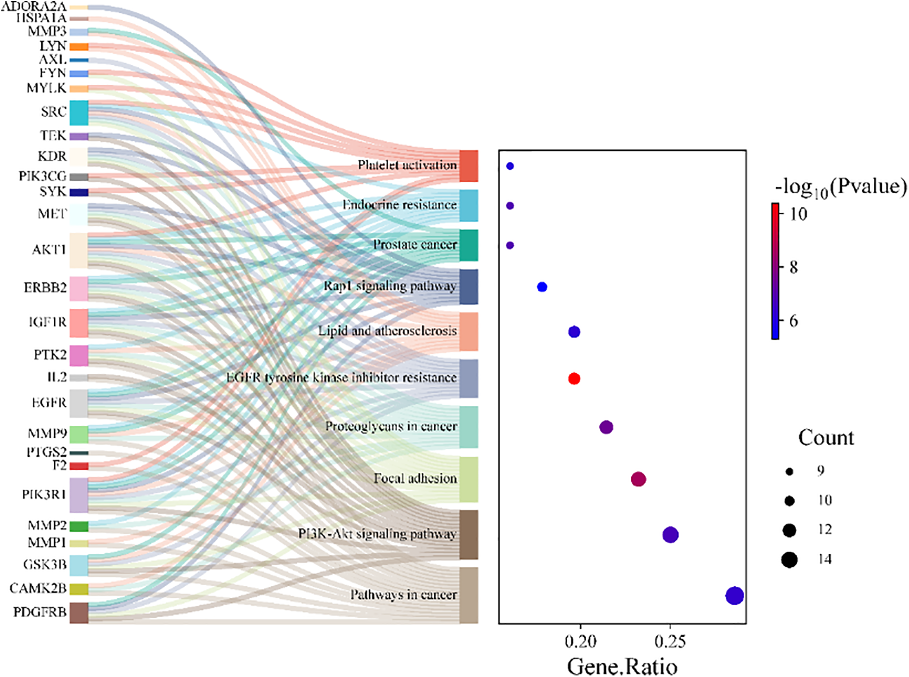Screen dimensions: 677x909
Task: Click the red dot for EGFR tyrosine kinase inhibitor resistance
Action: (574, 379)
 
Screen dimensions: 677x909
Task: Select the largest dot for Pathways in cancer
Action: (734, 596)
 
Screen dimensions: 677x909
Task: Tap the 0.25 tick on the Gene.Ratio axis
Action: (670, 624)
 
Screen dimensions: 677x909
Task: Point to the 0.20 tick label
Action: (581, 641)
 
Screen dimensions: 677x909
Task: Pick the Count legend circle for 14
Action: (790, 559)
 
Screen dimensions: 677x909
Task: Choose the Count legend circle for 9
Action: (790, 471)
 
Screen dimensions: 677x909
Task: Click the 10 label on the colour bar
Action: (798, 214)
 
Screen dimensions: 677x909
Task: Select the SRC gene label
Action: (54, 112)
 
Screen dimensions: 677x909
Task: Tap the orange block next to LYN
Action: (79, 47)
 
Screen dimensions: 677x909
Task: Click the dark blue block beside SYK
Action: (79, 192)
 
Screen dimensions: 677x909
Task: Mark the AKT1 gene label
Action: (49, 249)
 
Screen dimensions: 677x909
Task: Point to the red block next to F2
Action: (79, 466)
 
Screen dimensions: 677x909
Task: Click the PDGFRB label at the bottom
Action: (40, 612)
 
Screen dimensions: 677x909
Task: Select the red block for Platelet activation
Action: (469, 166)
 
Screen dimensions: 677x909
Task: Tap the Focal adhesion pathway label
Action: (415, 479)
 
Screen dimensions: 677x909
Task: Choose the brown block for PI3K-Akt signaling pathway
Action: (469, 535)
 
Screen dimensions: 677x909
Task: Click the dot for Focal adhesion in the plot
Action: (638, 480)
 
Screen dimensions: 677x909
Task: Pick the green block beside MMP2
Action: (79, 526)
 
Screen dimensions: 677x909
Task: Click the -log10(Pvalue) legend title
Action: (841, 187)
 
